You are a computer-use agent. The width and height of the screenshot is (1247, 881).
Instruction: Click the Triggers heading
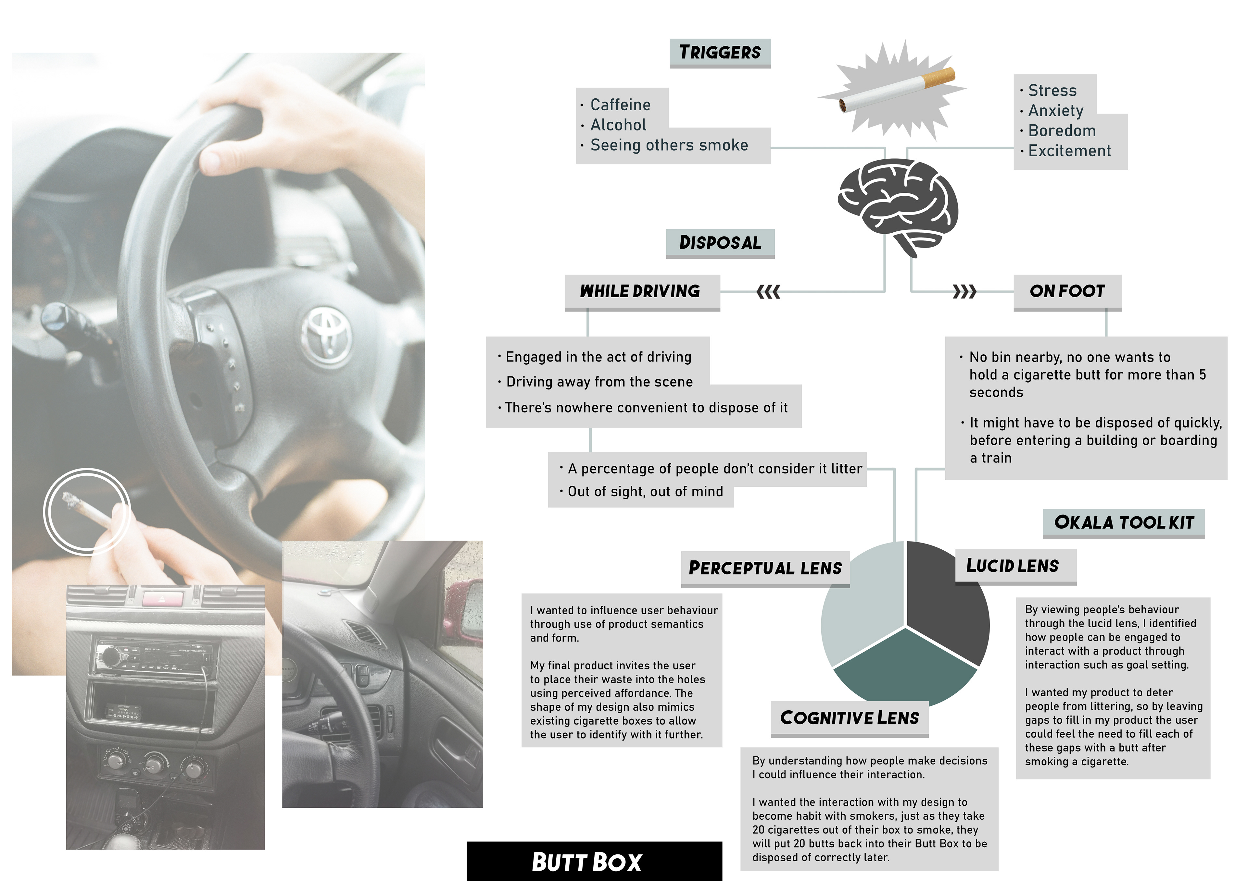[720, 53]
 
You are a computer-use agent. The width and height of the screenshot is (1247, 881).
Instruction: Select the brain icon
[897, 203]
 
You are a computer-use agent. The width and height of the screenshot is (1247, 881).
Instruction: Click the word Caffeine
[620, 105]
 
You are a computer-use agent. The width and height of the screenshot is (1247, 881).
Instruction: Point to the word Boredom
[1062, 131]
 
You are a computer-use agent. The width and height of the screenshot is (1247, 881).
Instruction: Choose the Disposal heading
[720, 243]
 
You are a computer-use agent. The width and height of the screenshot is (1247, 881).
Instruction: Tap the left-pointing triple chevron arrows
[768, 292]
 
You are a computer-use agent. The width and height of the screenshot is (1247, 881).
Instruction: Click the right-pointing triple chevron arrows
[964, 292]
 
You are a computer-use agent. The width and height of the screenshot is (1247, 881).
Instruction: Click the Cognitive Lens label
[850, 718]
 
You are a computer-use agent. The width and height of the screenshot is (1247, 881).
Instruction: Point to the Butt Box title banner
[594, 862]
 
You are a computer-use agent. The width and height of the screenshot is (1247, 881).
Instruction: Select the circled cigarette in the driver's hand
[87, 510]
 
